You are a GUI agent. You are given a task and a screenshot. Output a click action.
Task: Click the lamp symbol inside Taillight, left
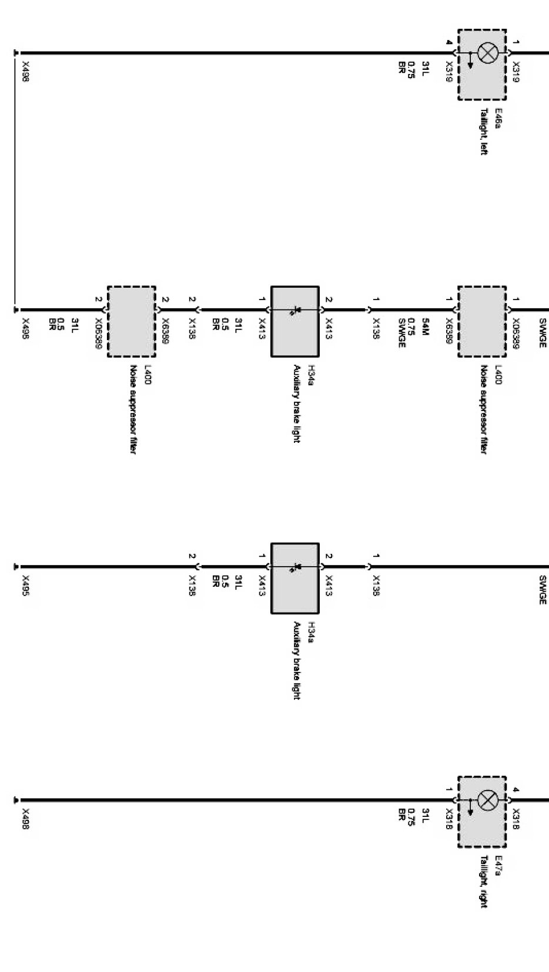(487, 53)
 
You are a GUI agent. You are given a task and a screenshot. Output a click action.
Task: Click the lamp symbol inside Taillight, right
(487, 801)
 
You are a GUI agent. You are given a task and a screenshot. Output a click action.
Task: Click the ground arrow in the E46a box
(470, 61)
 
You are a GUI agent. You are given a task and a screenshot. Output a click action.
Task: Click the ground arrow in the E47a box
(470, 808)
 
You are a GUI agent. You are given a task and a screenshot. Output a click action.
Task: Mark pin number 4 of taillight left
(449, 42)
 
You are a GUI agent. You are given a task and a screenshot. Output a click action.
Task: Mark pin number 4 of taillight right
(516, 790)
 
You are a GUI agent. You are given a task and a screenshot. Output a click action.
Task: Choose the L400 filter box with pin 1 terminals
(482, 321)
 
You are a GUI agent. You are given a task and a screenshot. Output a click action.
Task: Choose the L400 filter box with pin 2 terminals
(131, 321)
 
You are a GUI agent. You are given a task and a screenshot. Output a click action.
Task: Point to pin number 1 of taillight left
(516, 42)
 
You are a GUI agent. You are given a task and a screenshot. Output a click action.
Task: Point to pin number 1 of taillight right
(449, 790)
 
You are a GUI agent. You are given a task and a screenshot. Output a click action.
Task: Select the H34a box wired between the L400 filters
(294, 321)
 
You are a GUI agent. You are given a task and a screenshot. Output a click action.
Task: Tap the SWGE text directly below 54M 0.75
(402, 333)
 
